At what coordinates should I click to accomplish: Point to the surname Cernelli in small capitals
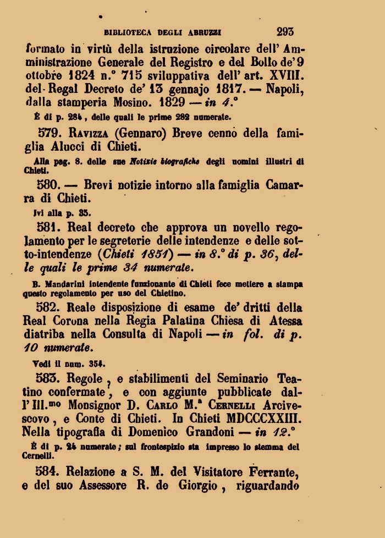coord(231,405)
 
